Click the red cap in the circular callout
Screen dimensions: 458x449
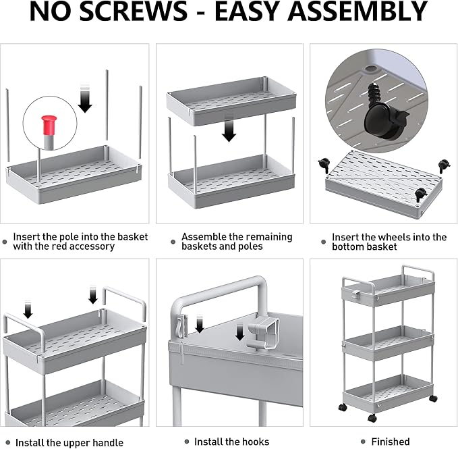[x=49, y=125]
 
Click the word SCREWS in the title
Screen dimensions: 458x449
[x=133, y=11]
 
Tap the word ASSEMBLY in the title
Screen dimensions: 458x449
[x=357, y=11]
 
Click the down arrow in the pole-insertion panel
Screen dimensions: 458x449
[x=85, y=98]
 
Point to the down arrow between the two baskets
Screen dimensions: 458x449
[x=229, y=128]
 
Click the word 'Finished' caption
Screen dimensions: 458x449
[x=391, y=441]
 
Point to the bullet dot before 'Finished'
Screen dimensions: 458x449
[x=363, y=442]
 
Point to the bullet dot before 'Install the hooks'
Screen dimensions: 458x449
[x=187, y=442]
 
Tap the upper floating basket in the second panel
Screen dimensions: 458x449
[x=231, y=101]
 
